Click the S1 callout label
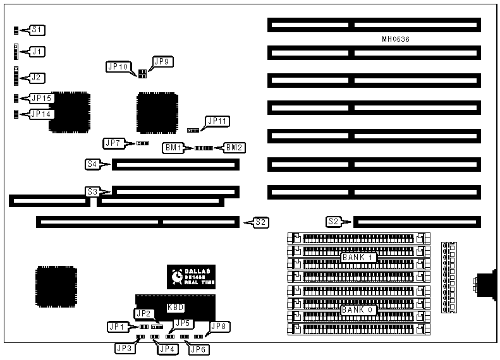pyautogui.click(x=38, y=30)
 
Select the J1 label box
pyautogui.click(x=38, y=51)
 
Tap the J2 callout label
pyautogui.click(x=38, y=78)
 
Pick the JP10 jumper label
pyautogui.click(x=118, y=66)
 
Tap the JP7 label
pyautogui.click(x=114, y=143)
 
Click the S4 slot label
pyautogui.click(x=92, y=165)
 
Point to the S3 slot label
pyautogui.click(x=93, y=191)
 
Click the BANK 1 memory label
pyautogui.click(x=358, y=258)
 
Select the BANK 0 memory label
pyautogui.click(x=358, y=309)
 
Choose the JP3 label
pyautogui.click(x=123, y=348)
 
